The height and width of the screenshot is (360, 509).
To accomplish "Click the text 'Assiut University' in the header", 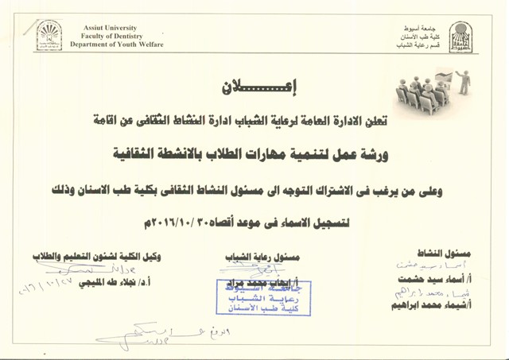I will coord(110,28).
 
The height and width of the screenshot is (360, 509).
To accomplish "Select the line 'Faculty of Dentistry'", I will coord(110,37).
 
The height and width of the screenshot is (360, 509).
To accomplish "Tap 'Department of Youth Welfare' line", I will coord(116,45).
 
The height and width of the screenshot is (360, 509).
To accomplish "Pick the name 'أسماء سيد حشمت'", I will coord(430,281).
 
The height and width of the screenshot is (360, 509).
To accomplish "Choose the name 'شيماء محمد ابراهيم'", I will coord(427,305).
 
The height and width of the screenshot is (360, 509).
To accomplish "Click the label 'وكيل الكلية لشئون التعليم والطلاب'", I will coord(95,256).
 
